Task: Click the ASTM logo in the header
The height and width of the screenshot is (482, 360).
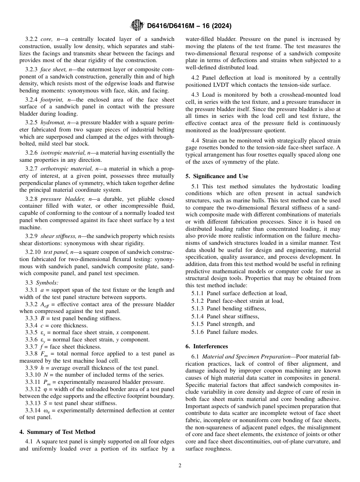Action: click(x=137, y=25)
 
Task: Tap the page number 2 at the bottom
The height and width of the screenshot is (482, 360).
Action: click(x=180, y=466)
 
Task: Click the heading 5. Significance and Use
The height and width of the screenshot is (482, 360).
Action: click(x=217, y=176)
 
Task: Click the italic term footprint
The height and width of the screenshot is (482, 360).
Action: click(x=52, y=100)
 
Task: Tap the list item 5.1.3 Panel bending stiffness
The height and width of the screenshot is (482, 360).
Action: click(x=229, y=308)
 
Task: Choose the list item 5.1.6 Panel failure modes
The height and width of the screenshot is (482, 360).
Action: click(x=225, y=332)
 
